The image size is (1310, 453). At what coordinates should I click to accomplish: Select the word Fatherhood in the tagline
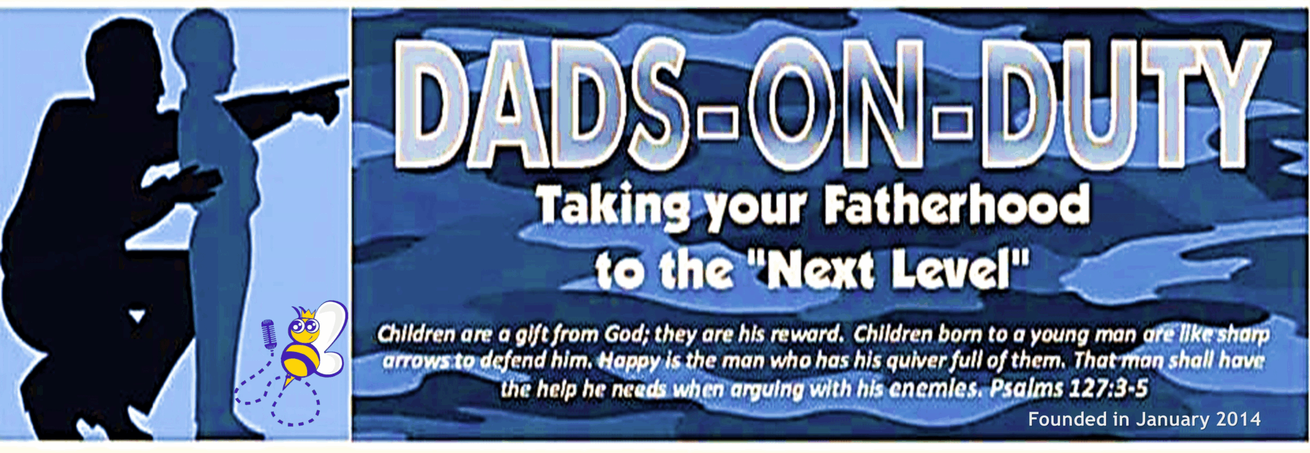point(956,205)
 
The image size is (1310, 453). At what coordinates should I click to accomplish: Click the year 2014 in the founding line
point(1238,419)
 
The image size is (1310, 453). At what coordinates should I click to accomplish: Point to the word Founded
point(1067,419)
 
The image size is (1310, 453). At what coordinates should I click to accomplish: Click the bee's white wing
point(331,336)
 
